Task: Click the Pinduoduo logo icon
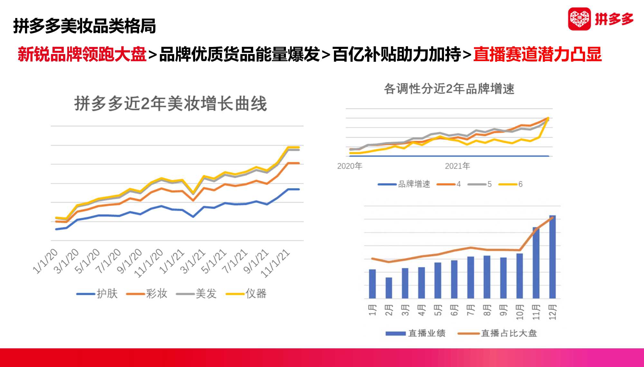pyautogui.click(x=579, y=19)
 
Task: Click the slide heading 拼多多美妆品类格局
pyautogui.click(x=84, y=26)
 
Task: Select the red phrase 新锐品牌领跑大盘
pyautogui.click(x=82, y=54)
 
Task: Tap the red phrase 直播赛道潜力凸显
pyautogui.click(x=537, y=54)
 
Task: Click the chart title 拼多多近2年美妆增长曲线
pyautogui.click(x=170, y=104)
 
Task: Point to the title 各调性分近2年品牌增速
pyautogui.click(x=449, y=89)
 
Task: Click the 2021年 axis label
pyautogui.click(x=457, y=166)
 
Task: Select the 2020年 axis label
pyautogui.click(x=349, y=166)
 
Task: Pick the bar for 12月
pyautogui.click(x=552, y=257)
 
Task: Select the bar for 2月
pyautogui.click(x=389, y=288)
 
